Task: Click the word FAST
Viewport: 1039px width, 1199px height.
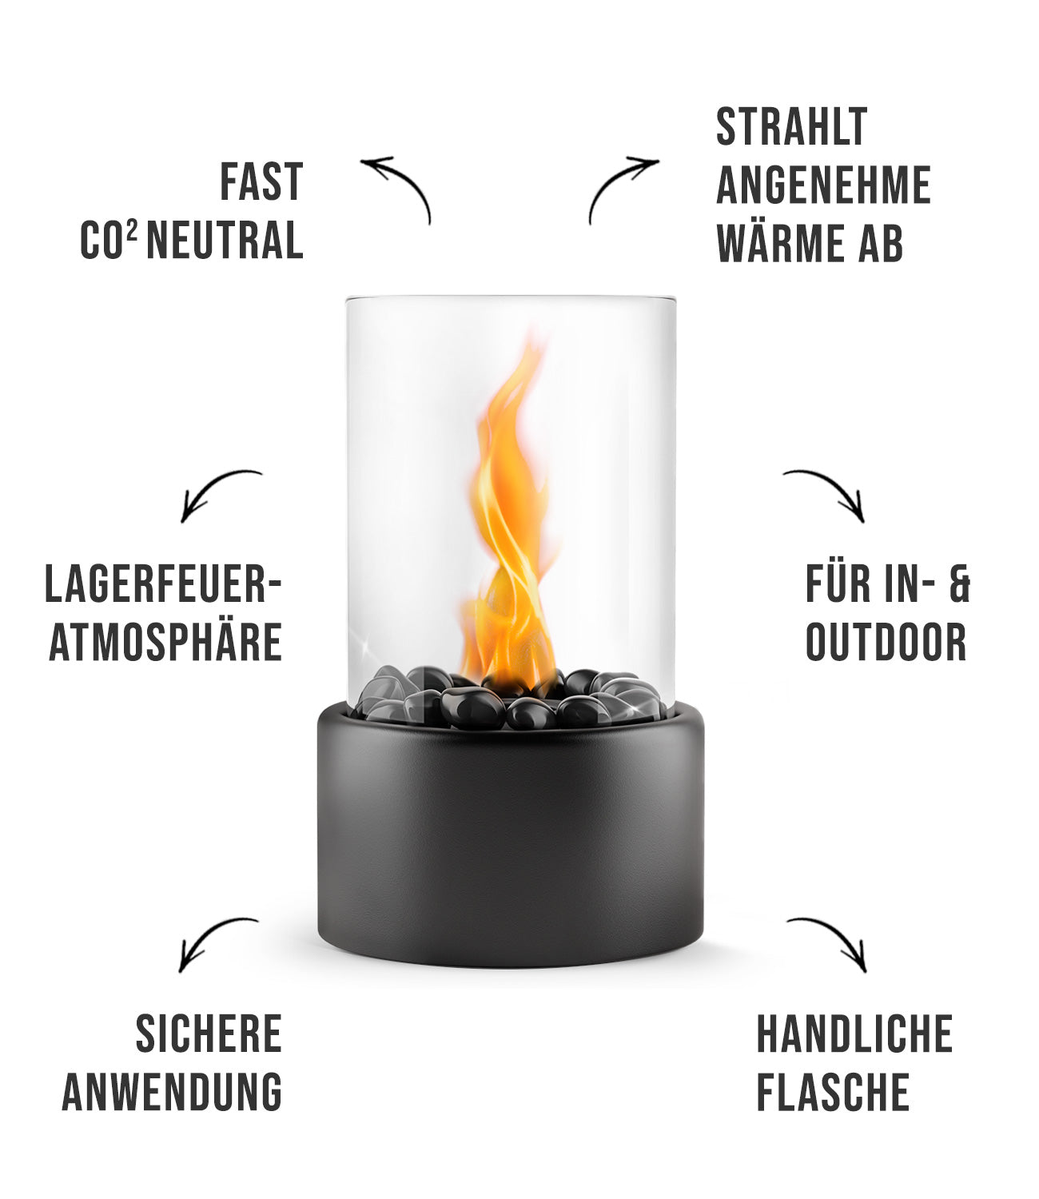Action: (x=261, y=181)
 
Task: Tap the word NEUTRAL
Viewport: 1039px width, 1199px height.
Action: (x=225, y=240)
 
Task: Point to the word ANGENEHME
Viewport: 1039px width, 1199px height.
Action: (x=824, y=185)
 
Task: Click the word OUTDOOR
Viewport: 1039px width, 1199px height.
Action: (x=886, y=642)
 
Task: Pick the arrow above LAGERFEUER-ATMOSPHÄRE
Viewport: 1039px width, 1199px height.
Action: (x=209, y=484)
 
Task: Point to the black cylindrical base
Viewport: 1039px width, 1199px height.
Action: (x=511, y=835)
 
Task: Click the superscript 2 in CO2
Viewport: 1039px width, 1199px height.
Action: (x=133, y=229)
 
